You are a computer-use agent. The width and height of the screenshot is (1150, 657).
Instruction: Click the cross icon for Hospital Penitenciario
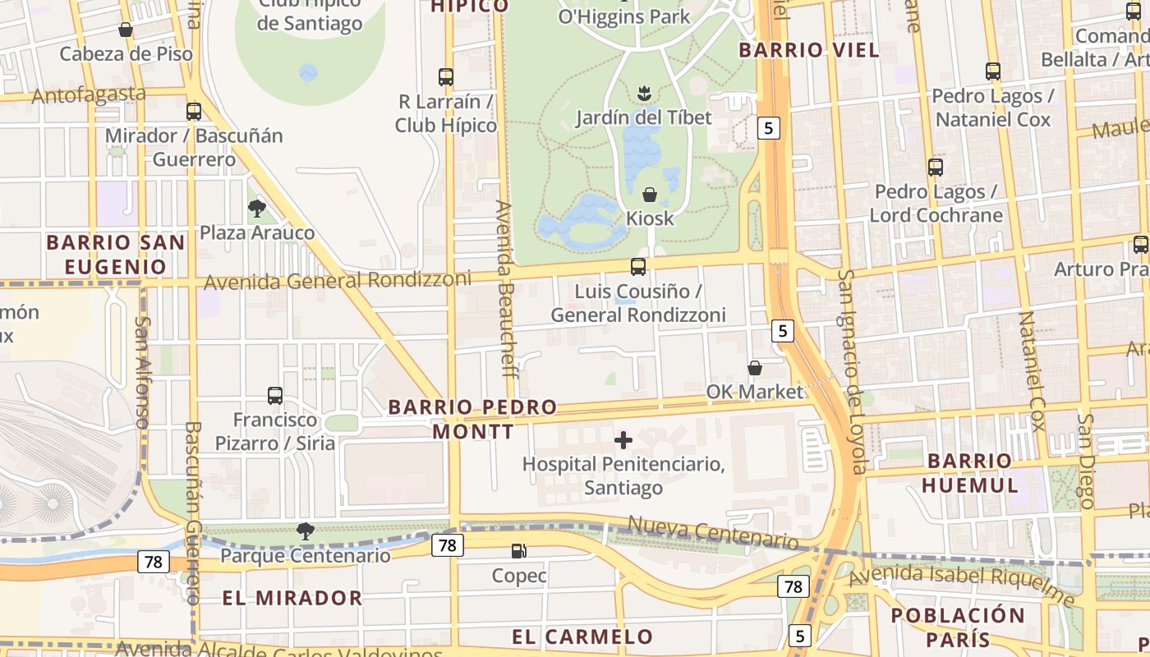pos(623,441)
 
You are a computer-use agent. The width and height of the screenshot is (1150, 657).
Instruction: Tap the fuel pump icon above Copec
pos(518,551)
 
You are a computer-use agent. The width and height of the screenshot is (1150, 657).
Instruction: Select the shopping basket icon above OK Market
pos(754,368)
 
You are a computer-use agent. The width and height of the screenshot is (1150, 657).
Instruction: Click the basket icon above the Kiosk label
pos(649,195)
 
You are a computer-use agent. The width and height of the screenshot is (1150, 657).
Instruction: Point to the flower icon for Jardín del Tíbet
pos(644,93)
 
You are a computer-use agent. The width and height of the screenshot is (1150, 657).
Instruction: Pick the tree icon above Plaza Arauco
pos(257,209)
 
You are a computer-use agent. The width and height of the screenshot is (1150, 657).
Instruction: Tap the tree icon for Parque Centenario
pos(306,531)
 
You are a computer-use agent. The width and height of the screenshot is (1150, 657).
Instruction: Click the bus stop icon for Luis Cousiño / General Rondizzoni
pos(638,267)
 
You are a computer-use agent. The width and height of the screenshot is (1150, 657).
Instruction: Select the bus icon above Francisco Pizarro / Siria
pos(275,396)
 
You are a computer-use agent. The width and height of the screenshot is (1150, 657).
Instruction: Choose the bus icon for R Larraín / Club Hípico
pos(446,77)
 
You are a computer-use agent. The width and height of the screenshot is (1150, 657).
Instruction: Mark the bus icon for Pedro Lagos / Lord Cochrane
pos(936,168)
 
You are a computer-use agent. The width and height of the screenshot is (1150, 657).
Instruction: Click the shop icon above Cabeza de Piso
pos(126,30)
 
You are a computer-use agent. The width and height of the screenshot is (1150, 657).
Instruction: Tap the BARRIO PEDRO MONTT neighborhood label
pos(473,419)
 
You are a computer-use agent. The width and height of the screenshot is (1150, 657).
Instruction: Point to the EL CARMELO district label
pos(582,636)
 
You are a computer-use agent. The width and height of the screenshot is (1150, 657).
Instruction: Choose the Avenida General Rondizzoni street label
pos(338,281)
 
